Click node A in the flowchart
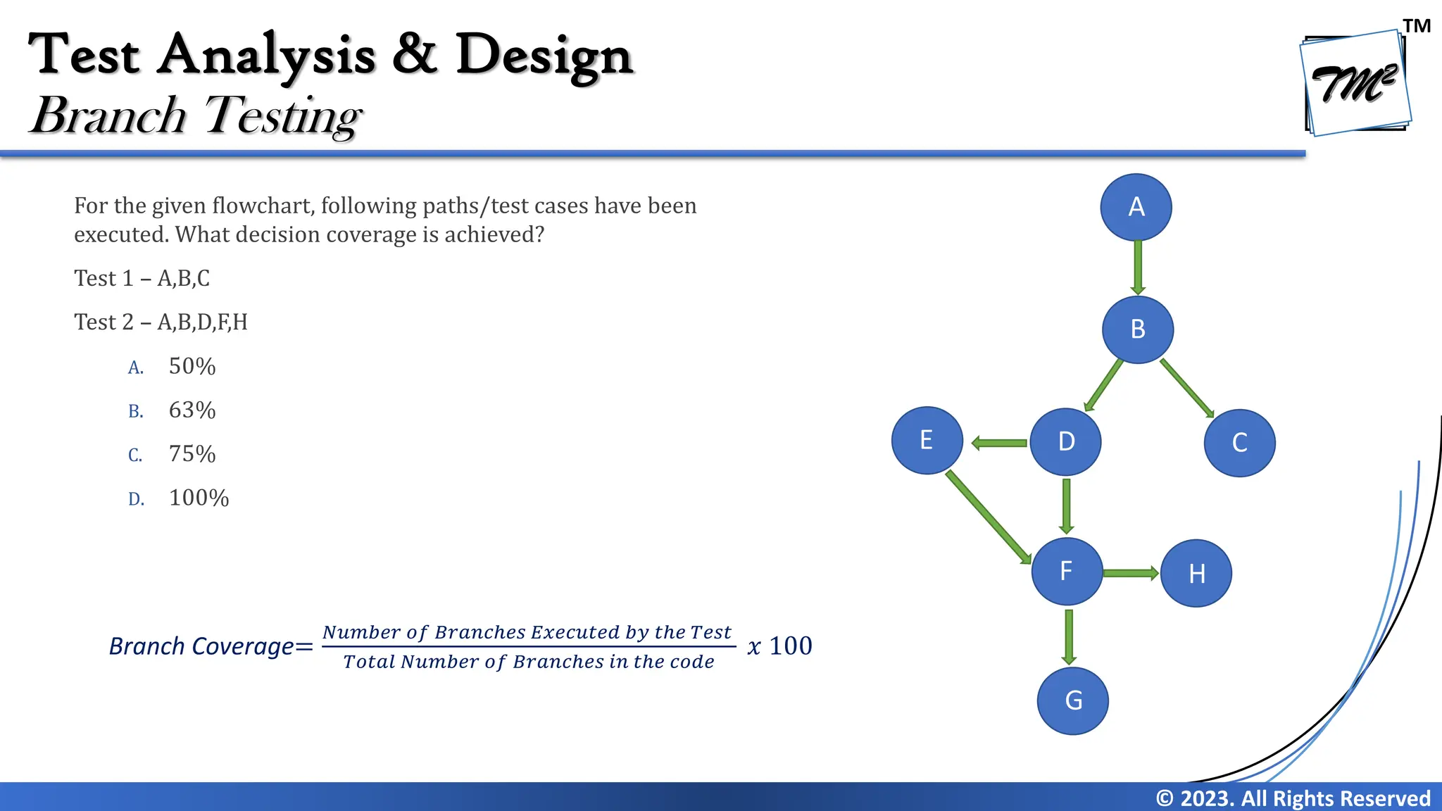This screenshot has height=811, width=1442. click(1136, 207)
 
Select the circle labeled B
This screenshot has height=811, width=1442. click(1137, 329)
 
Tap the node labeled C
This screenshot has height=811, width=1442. click(1239, 443)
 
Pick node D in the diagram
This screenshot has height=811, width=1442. click(1065, 441)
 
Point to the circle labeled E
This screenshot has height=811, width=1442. click(927, 440)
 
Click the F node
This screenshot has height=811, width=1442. click(1067, 571)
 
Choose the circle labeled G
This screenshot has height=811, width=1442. click(1072, 700)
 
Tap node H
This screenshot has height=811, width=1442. click(1196, 573)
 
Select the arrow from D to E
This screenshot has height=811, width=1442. click(999, 443)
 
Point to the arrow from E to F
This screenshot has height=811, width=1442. click(987, 517)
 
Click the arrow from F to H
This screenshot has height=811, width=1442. click(1129, 573)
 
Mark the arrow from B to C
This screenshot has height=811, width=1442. click(1186, 388)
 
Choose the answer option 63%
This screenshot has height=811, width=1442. click(192, 410)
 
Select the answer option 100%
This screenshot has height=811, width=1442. click(199, 498)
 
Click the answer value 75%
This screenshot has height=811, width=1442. click(192, 454)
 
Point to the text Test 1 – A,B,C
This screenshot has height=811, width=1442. click(142, 278)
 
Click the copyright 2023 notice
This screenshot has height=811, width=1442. click(1292, 798)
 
